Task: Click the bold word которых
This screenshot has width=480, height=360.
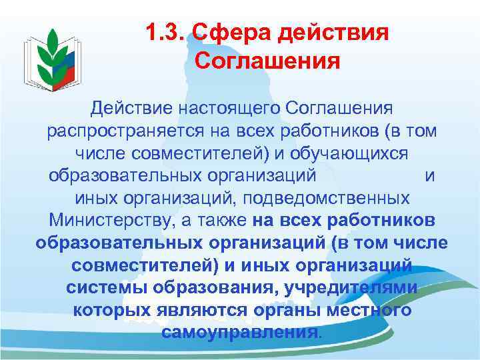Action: (108, 310)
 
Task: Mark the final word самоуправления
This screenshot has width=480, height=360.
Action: (240, 332)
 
